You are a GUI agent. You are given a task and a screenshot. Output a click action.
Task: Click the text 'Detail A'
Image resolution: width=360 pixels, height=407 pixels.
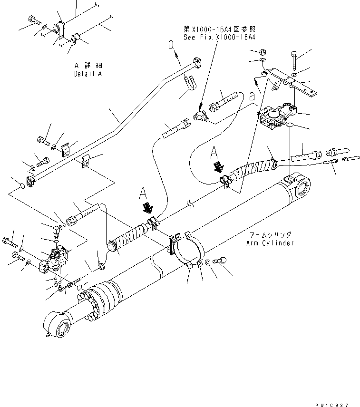click(88, 74)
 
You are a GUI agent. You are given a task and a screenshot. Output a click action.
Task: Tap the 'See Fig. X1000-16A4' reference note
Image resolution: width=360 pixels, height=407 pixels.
click(219, 37)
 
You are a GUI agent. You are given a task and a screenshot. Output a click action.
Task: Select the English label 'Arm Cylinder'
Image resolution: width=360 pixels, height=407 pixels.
click(270, 243)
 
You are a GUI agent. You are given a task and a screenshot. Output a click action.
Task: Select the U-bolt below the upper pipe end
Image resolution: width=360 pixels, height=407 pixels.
click(189, 84)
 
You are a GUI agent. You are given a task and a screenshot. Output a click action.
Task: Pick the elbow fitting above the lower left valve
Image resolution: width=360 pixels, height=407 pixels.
click(56, 231)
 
